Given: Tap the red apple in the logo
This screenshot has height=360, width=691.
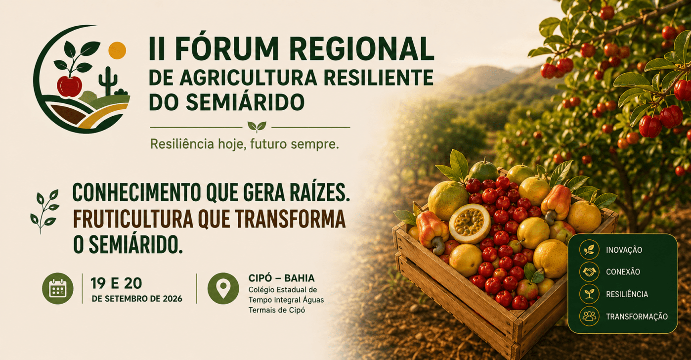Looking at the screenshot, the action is click(x=69, y=86).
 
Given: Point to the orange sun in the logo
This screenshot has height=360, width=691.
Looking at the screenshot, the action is click(x=117, y=50).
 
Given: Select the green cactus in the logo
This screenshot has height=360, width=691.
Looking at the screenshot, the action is click(x=108, y=81).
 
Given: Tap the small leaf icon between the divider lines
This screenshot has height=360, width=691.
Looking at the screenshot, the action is click(x=257, y=127).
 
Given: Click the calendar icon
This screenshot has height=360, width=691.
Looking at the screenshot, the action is click(x=58, y=288).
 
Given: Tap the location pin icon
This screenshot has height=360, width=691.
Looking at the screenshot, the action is click(x=223, y=288).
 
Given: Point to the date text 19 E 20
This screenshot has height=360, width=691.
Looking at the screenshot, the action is click(x=116, y=283).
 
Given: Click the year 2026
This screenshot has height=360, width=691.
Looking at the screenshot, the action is click(x=173, y=299).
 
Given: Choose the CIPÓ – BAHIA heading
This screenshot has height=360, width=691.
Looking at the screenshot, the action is click(x=282, y=278).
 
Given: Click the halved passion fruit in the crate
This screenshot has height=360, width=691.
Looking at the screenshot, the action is click(x=470, y=224).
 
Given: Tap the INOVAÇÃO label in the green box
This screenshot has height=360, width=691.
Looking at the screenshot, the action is click(x=624, y=250).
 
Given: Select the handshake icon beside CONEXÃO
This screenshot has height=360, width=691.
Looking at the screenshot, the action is click(x=589, y=271).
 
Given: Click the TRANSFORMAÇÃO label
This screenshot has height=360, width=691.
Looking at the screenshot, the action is click(x=637, y=316).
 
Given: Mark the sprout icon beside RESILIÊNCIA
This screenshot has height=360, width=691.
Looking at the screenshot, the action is click(x=589, y=294).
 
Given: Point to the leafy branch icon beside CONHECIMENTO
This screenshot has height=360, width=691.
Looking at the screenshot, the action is click(x=44, y=211).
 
